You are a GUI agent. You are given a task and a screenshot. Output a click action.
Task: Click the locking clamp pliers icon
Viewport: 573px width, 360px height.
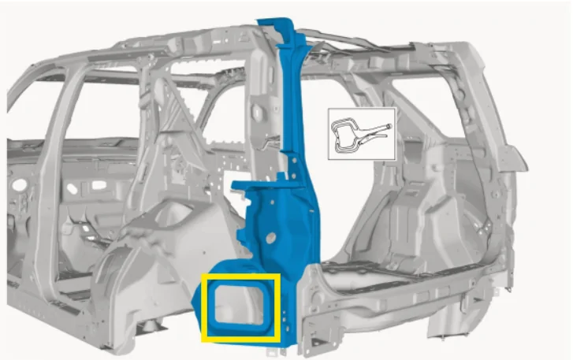[x=361, y=134]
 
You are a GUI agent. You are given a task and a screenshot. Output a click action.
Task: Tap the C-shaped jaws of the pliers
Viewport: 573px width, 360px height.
[x=344, y=134]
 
